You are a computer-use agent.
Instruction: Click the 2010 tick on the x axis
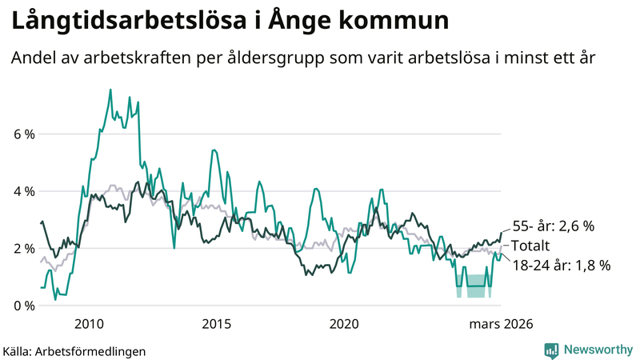89,324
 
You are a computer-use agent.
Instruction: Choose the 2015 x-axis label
217,324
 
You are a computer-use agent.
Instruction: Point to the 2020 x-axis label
345,324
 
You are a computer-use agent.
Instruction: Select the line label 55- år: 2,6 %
553,226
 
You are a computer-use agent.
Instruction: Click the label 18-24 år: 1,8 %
560,266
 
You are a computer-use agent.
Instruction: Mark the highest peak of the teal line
110,90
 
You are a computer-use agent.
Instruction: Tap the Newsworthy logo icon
551,350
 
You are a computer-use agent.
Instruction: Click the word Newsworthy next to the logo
597,350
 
